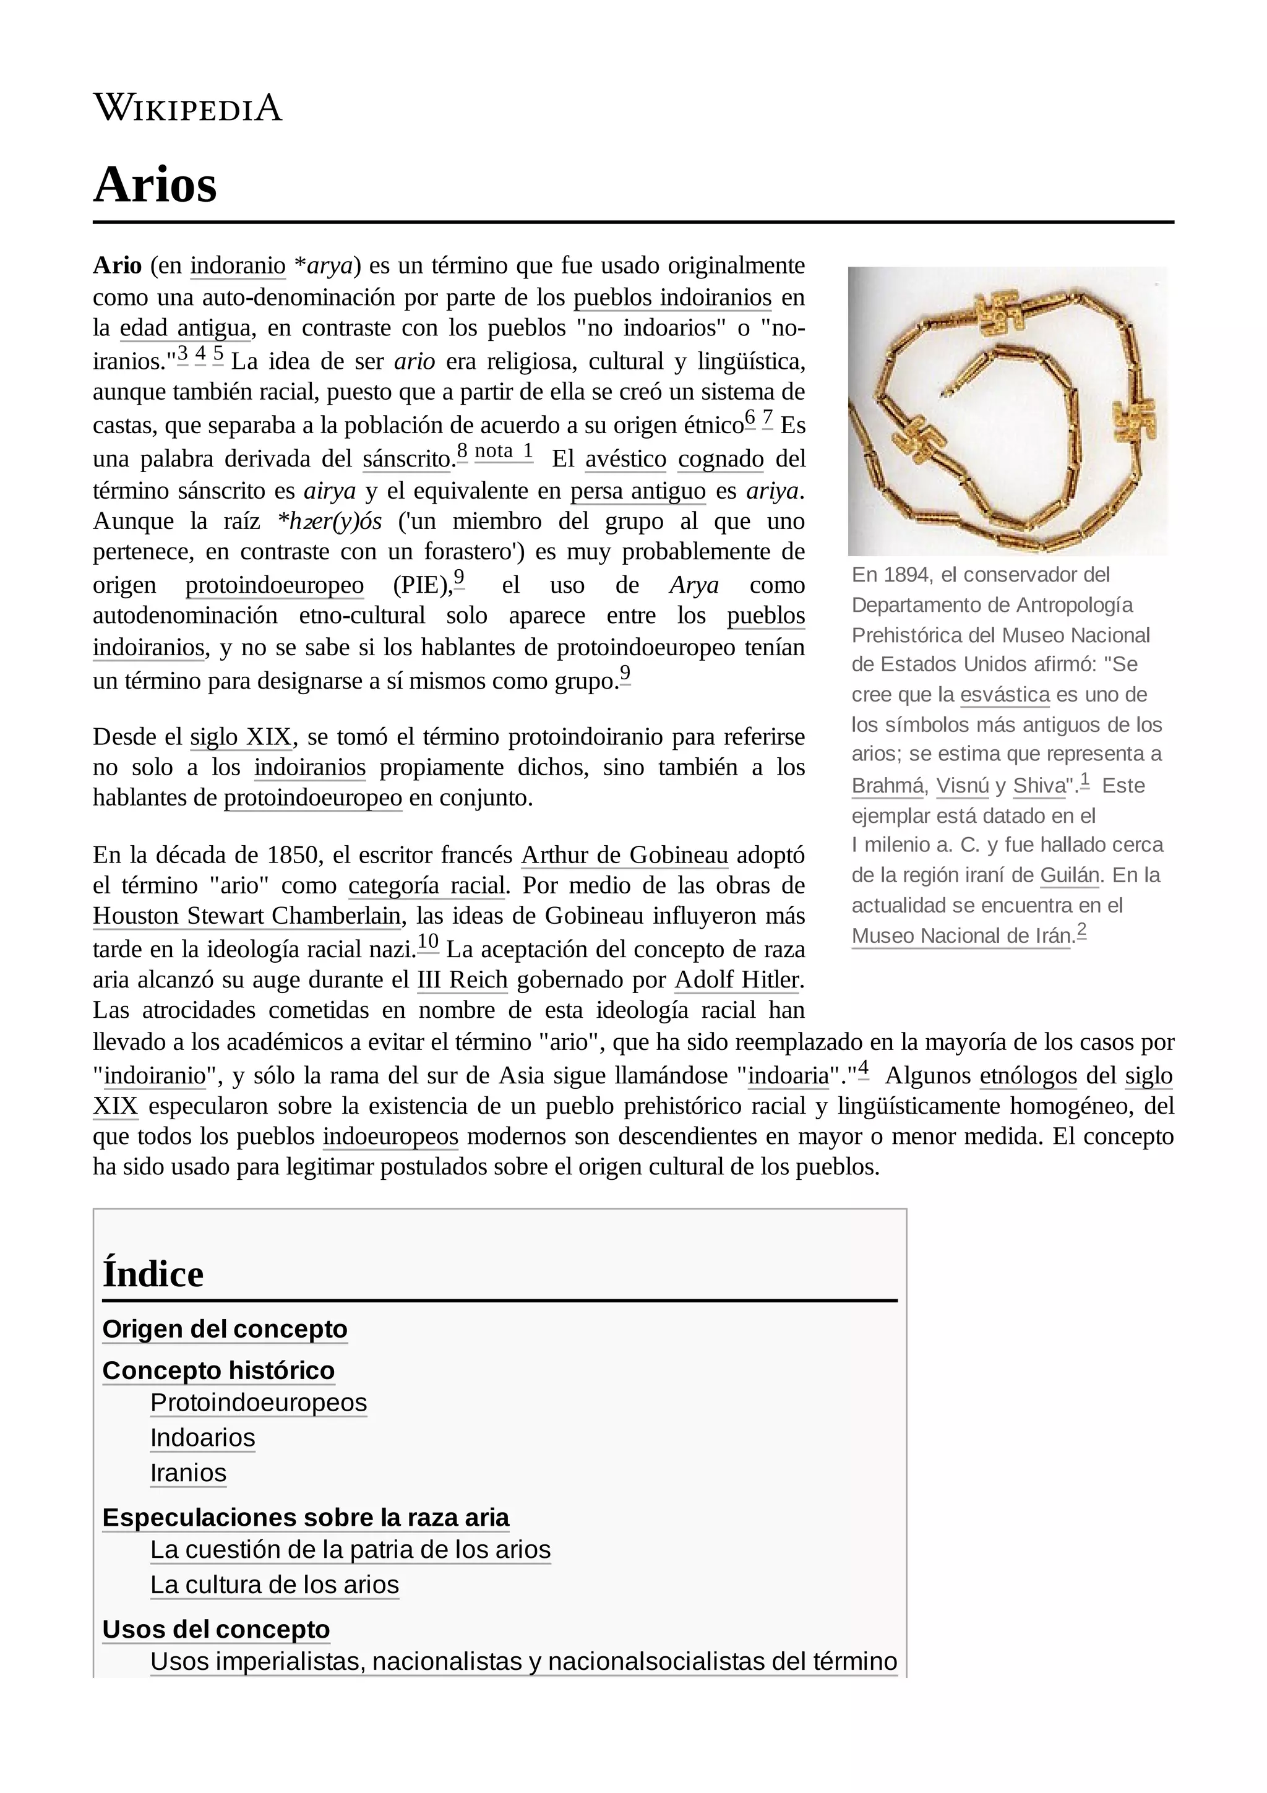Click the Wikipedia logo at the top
pos(187,107)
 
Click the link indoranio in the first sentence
pos(238,266)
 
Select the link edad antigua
pos(185,328)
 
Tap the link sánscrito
pos(406,459)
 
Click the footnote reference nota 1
pos(504,452)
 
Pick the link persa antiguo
pos(638,492)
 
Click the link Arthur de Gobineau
pos(624,855)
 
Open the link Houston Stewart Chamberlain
pos(247,916)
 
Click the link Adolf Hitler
pos(737,980)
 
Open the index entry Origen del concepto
pos(225,1329)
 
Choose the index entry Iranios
pos(188,1473)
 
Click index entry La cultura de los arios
pos(274,1584)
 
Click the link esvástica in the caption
pos(1005,695)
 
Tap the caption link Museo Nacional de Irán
pos(961,936)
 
